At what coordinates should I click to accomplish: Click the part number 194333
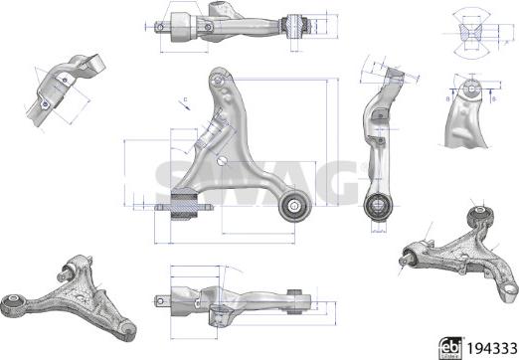click(x=490, y=345)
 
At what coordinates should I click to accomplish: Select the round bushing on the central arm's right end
click(x=295, y=206)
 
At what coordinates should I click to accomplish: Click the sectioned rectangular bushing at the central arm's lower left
click(x=186, y=206)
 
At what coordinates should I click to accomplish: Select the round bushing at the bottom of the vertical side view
click(x=379, y=207)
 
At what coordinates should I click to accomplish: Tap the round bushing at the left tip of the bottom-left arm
click(x=15, y=302)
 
